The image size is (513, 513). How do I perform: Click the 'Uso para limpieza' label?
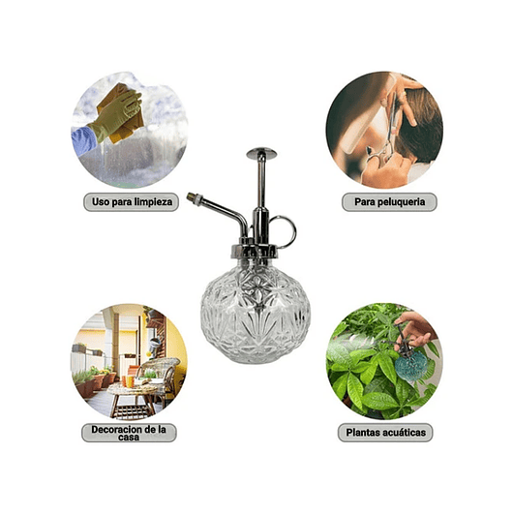click(x=128, y=202)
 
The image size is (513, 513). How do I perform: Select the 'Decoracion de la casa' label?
click(x=129, y=433)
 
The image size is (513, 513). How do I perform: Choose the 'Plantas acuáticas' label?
click(x=384, y=433)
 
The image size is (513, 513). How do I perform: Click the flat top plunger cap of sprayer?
click(x=260, y=152)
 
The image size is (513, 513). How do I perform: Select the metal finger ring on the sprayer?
click(x=283, y=230)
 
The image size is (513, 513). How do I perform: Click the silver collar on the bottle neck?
click(x=256, y=253)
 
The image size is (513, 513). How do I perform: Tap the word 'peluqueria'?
click(x=399, y=202)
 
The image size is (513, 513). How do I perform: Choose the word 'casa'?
click(x=129, y=438)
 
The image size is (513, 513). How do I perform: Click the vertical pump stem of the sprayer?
click(x=260, y=194)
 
